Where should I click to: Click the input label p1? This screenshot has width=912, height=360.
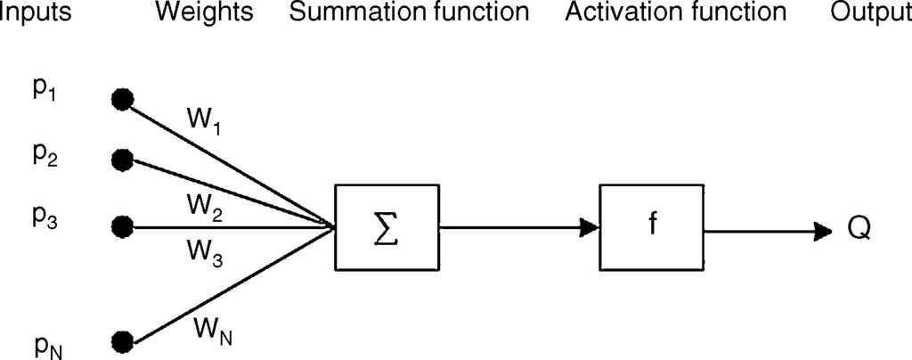[x=45, y=93]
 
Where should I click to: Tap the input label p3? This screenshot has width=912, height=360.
[x=45, y=216]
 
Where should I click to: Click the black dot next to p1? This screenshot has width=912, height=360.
[x=122, y=99]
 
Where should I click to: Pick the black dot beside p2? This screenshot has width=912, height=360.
[x=122, y=160]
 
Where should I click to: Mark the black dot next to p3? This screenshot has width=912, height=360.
[x=122, y=225]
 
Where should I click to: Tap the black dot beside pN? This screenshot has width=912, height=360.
[x=122, y=340]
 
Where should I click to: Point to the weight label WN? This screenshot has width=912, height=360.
[x=213, y=331]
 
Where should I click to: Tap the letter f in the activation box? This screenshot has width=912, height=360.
[x=651, y=225]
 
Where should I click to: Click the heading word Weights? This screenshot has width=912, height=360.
[x=204, y=12]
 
